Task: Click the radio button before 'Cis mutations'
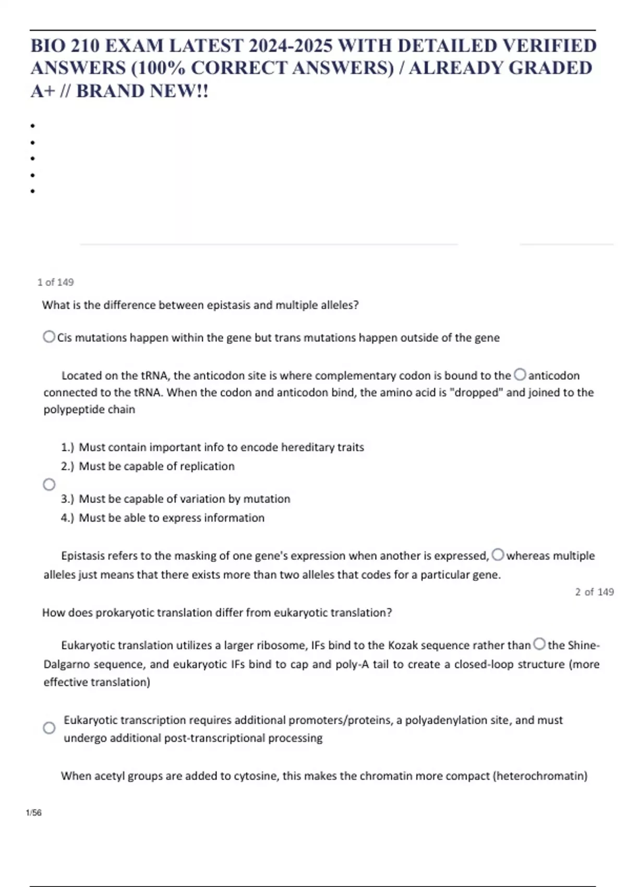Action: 49,337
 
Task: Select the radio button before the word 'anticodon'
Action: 520,375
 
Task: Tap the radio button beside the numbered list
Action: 49,485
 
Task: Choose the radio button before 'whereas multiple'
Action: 498,555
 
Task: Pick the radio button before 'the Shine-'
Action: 539,644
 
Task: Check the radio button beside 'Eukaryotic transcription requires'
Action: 49,728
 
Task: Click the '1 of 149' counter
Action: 55,282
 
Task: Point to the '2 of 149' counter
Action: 594,592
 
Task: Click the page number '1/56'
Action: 33,813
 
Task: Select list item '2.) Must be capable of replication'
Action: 148,466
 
